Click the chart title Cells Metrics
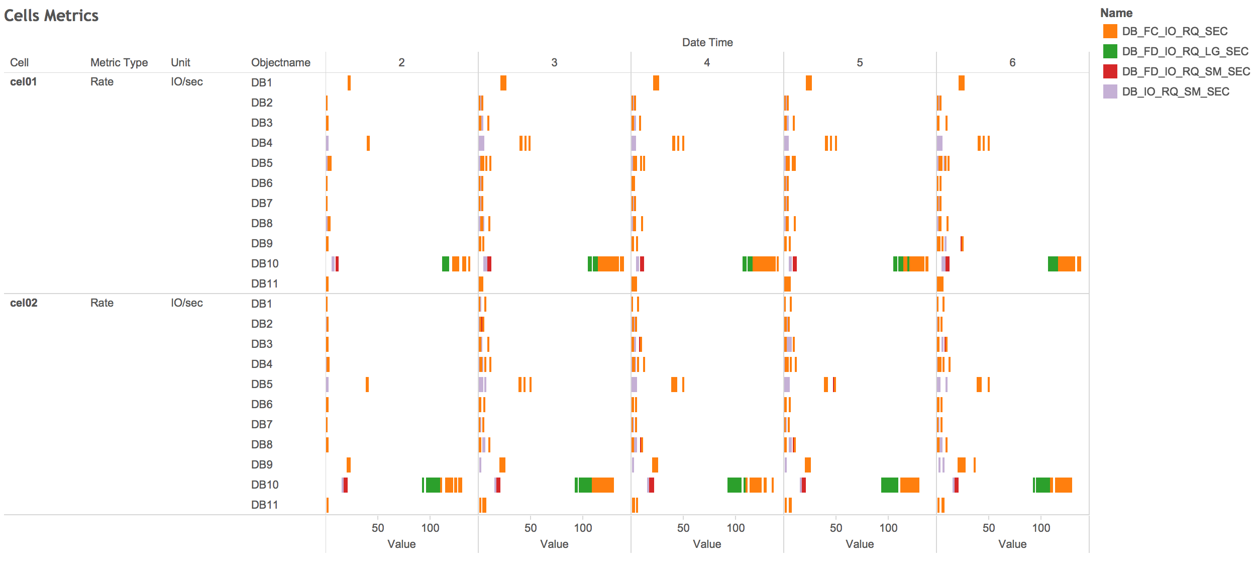click(51, 16)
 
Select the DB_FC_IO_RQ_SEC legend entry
click(1175, 31)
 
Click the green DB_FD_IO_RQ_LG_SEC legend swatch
click(1110, 51)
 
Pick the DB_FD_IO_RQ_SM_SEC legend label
click(1186, 71)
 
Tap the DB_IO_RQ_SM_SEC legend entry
click(1176, 91)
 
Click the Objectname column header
click(280, 62)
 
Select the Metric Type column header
click(119, 62)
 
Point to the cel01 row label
click(23, 81)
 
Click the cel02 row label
click(23, 303)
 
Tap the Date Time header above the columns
click(707, 42)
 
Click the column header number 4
click(706, 62)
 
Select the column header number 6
click(1012, 62)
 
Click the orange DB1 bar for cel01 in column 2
click(349, 82)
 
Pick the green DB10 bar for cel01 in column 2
click(445, 263)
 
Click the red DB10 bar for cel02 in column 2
click(346, 485)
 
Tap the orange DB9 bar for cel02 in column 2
click(349, 464)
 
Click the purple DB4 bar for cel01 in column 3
click(482, 143)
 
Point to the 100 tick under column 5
click(888, 528)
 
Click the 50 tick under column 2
click(378, 528)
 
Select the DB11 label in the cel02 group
click(264, 505)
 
